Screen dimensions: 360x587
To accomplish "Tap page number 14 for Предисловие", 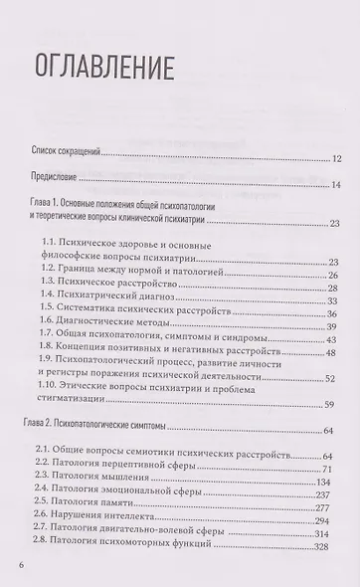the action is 335,184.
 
